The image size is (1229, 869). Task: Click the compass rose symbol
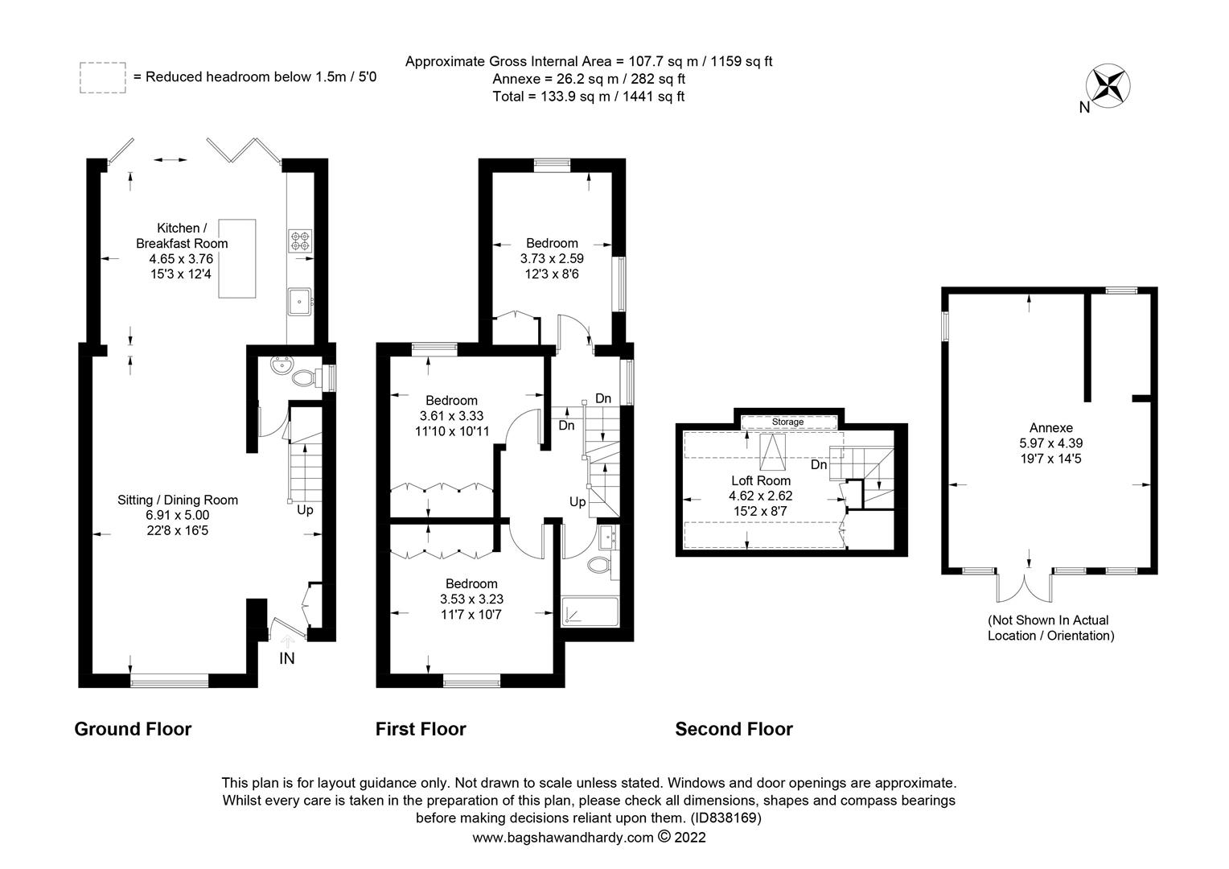click(x=1108, y=85)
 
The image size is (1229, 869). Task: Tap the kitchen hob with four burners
click(x=300, y=241)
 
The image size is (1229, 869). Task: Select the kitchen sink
click(x=299, y=302)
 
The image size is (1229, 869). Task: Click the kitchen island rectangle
click(x=237, y=258)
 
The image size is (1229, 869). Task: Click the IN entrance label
click(x=287, y=658)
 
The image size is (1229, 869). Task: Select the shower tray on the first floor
click(x=590, y=612)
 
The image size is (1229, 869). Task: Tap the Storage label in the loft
click(x=787, y=422)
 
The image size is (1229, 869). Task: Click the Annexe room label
click(x=1050, y=427)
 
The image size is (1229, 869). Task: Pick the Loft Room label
click(x=760, y=480)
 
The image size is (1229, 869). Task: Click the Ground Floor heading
click(x=133, y=729)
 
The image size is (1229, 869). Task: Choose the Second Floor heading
click(x=734, y=729)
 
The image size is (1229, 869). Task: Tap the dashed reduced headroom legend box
click(x=103, y=77)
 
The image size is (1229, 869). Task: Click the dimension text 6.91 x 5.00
click(x=177, y=515)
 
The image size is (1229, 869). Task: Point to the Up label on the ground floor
click(x=305, y=510)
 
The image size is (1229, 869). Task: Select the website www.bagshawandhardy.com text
click(x=563, y=838)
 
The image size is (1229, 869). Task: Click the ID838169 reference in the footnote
click(x=725, y=818)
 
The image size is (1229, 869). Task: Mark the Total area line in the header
click(x=589, y=97)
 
